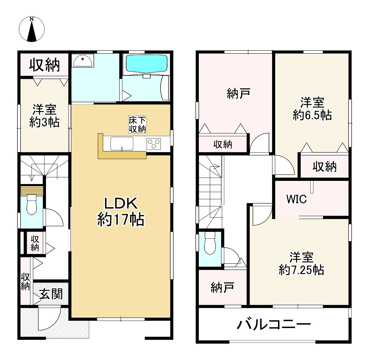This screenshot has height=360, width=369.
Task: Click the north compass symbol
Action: [x=32, y=29]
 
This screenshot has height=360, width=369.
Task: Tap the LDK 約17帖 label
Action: [x=121, y=212]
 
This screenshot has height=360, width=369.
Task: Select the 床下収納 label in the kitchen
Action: [x=137, y=125]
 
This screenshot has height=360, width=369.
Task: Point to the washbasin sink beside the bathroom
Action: [x=83, y=61]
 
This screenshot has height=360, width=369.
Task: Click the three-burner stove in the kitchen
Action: [x=154, y=144]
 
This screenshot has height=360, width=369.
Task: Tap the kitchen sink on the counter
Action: [x=122, y=144]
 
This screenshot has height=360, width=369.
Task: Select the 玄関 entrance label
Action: [x=51, y=294]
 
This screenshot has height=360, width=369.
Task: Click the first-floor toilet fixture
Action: [x=32, y=204]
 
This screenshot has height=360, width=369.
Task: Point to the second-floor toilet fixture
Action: [x=210, y=243]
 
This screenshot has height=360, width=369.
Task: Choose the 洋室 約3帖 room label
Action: [x=44, y=116]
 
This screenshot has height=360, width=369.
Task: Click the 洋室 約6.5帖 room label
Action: [x=312, y=109]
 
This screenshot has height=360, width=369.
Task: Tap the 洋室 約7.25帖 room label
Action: [x=302, y=263]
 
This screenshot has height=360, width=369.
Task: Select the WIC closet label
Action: [x=297, y=199]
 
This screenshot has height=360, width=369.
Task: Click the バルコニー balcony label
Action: [x=274, y=325]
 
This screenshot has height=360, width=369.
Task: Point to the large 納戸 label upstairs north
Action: [x=239, y=93]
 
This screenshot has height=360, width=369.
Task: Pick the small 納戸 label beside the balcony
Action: [x=222, y=287]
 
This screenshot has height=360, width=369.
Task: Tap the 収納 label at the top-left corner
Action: [x=44, y=65]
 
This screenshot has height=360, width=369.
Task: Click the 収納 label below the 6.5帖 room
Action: [x=325, y=167]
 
